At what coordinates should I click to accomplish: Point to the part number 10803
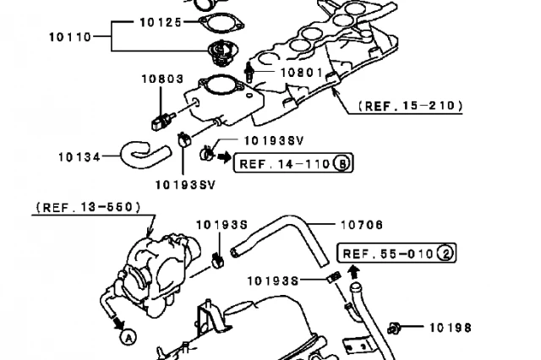coord(161,79)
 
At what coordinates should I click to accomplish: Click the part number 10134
coord(79,156)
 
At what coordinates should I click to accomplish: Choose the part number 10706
coord(361,225)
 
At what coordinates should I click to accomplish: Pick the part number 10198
coord(449,327)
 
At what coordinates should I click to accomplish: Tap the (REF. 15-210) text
coord(410,106)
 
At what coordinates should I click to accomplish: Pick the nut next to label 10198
coord(393,326)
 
